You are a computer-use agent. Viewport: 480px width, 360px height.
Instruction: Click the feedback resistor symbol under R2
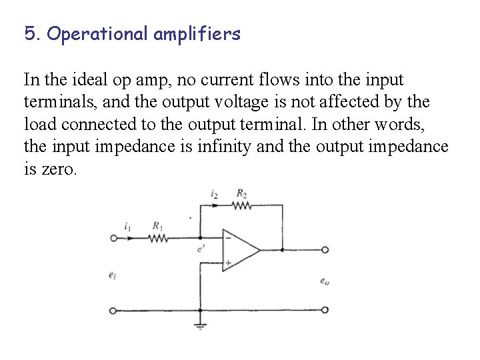pyautogui.click(x=241, y=206)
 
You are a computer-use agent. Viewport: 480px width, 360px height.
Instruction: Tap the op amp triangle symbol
pyautogui.click(x=241, y=250)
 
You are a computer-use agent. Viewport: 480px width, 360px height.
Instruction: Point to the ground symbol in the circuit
pyautogui.click(x=200, y=327)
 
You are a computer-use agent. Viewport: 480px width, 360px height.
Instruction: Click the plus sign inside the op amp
pyautogui.click(x=228, y=263)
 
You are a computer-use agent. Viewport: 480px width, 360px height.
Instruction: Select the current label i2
pyautogui.click(x=213, y=193)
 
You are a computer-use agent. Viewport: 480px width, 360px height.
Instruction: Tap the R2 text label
pyautogui.click(x=241, y=193)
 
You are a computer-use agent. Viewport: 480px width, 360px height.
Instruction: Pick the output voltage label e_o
pyautogui.click(x=324, y=281)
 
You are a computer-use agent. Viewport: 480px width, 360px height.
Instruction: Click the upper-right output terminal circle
pyautogui.click(x=325, y=250)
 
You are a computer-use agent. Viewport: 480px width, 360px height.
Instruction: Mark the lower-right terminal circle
pyautogui.click(x=325, y=311)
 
